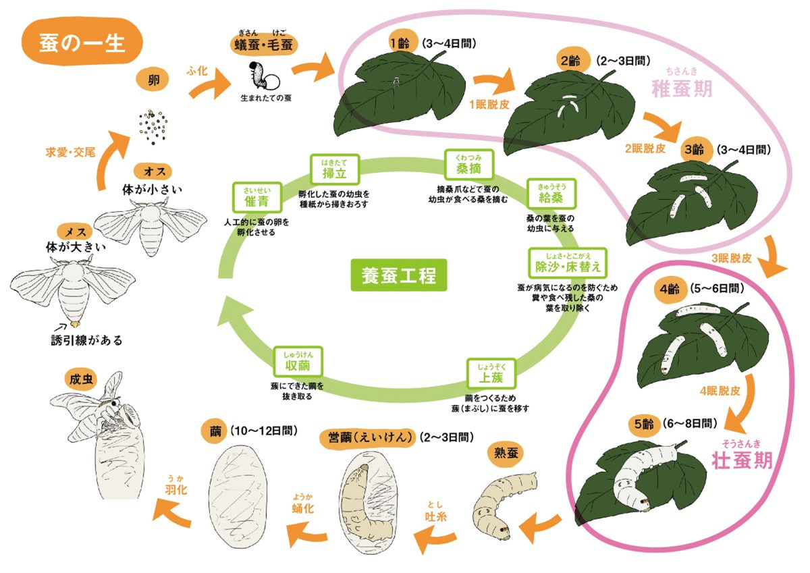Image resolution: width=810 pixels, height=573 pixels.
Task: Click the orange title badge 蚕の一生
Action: click(x=82, y=41)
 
